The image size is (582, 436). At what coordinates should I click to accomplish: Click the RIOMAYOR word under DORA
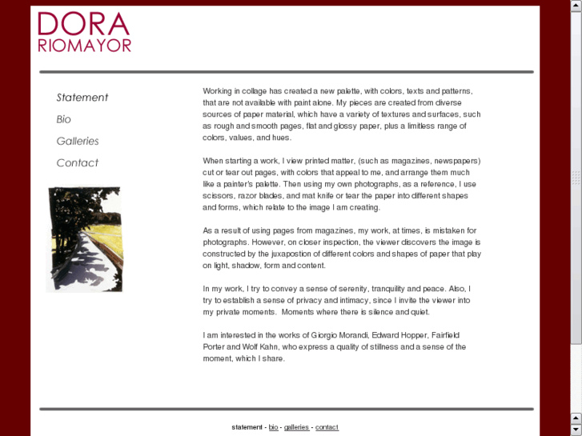(x=84, y=46)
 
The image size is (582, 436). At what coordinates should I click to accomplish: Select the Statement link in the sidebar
(x=82, y=98)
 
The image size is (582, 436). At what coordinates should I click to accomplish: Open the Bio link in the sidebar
(x=63, y=119)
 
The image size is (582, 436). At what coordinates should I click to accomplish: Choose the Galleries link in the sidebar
(x=78, y=141)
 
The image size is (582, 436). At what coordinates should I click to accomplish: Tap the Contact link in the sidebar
(x=77, y=162)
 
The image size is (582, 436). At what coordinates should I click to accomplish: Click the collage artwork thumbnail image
(x=85, y=239)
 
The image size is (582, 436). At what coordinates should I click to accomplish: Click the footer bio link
(x=273, y=427)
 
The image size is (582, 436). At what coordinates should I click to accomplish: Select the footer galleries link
(x=296, y=427)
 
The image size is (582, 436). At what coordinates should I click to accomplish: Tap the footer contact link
(x=327, y=427)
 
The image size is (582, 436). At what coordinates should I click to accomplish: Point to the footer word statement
(x=247, y=427)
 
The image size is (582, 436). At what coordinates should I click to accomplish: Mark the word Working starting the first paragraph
(x=218, y=91)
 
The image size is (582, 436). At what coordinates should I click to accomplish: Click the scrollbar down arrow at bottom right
(x=576, y=430)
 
